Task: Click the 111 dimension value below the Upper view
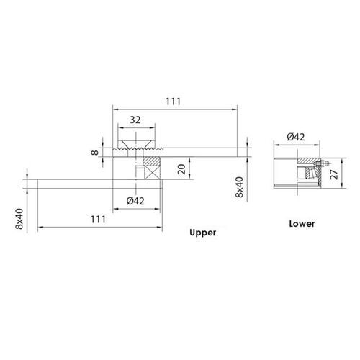[x=99, y=219]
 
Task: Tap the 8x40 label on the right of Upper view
[x=240, y=185]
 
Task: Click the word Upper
[x=202, y=233]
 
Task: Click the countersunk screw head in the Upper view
[x=138, y=142]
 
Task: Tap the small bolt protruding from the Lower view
[x=321, y=163]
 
